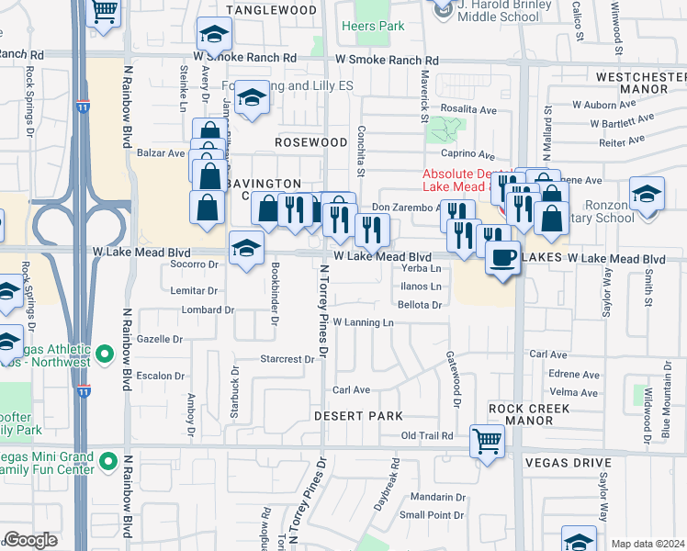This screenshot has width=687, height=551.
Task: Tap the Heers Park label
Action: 373,26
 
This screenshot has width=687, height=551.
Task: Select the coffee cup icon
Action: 502,258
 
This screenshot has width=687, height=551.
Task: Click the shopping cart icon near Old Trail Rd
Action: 486,440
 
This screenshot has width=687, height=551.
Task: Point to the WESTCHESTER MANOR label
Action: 640,83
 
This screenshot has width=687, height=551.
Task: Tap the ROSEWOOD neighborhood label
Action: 311,142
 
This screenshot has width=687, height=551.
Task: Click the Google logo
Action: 30,540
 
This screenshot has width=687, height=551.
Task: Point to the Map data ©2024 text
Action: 648,544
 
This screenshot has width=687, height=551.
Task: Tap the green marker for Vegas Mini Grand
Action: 108,459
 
